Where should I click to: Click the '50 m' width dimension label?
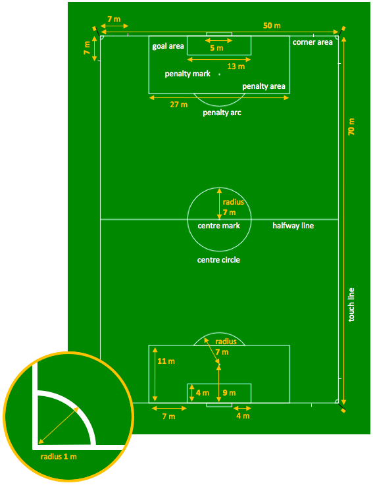(x=272, y=26)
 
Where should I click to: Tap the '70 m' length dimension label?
(x=351, y=126)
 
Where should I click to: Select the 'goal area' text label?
(x=168, y=47)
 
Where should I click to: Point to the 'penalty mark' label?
(x=187, y=74)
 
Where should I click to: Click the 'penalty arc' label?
(x=222, y=113)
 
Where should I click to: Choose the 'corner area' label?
(x=312, y=42)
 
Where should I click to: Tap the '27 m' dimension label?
(x=178, y=105)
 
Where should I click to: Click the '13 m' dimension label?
(x=236, y=66)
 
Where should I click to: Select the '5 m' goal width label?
(x=216, y=48)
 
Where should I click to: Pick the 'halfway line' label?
(x=293, y=226)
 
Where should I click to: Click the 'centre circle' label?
(x=218, y=260)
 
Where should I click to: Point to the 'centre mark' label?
(x=218, y=226)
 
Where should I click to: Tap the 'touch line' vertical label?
(x=351, y=305)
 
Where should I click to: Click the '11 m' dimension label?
(x=166, y=361)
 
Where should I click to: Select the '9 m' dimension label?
(x=229, y=392)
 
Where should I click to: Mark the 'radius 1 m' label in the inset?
(x=59, y=457)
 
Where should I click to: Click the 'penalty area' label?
(x=264, y=86)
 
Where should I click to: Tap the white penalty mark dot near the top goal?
(x=219, y=74)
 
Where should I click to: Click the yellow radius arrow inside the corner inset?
(x=58, y=425)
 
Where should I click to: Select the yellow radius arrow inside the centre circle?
(x=219, y=203)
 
